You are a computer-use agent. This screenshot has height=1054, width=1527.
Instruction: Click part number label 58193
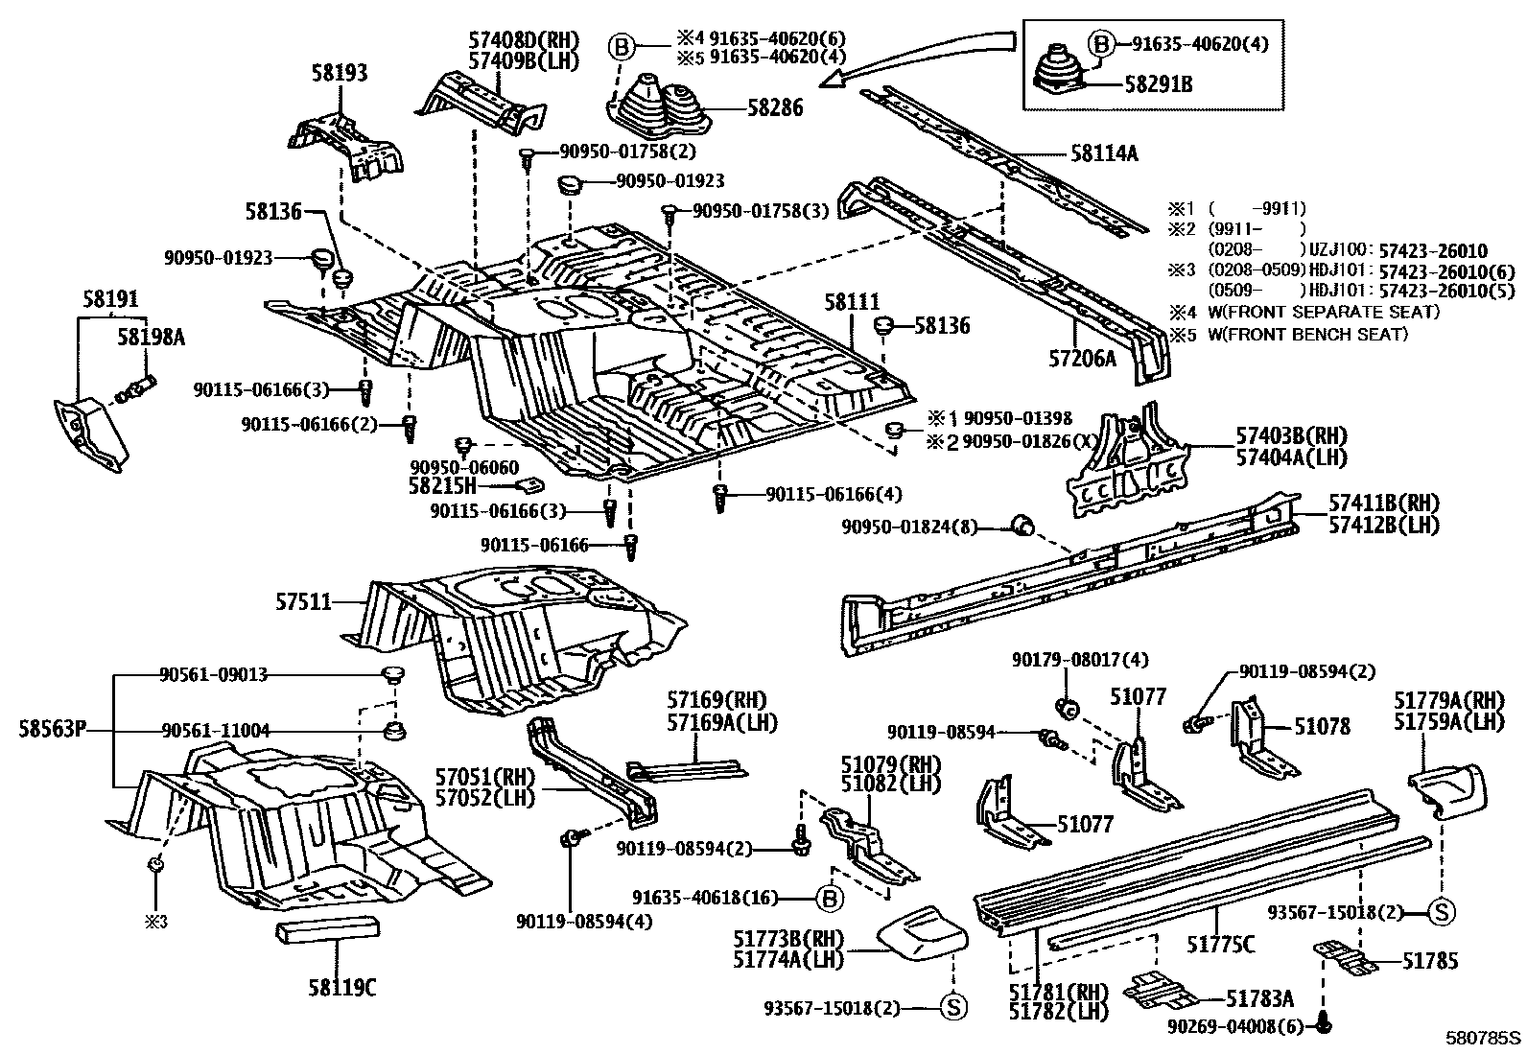pyautogui.click(x=340, y=72)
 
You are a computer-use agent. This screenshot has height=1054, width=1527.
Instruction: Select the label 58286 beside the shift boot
pyautogui.click(x=775, y=107)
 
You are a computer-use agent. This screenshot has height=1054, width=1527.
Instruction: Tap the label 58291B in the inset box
pyautogui.click(x=1159, y=84)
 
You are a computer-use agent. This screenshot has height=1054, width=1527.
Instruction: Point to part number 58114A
pyautogui.click(x=1104, y=153)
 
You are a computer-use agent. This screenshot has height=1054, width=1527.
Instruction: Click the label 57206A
pyautogui.click(x=1083, y=358)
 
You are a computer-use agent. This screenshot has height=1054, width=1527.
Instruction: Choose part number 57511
pyautogui.click(x=303, y=602)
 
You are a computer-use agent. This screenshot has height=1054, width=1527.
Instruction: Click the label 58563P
pyautogui.click(x=53, y=729)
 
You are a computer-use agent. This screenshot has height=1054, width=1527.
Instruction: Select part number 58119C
pyautogui.click(x=342, y=987)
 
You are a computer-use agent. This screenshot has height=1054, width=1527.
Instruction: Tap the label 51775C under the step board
pyautogui.click(x=1221, y=945)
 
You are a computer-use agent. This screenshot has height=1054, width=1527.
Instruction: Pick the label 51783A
pyautogui.click(x=1259, y=998)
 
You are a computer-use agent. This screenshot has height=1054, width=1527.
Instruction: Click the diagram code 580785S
pyautogui.click(x=1484, y=1038)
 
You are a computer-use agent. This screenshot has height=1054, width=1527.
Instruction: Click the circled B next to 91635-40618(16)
pyautogui.click(x=830, y=899)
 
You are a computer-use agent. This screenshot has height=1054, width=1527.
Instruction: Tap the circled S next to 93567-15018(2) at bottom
pyautogui.click(x=953, y=1007)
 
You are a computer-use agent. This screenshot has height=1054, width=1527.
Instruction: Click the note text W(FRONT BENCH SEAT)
pyautogui.click(x=1308, y=334)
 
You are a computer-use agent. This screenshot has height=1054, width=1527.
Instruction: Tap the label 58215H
pyautogui.click(x=442, y=485)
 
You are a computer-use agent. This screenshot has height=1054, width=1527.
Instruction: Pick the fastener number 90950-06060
pyautogui.click(x=464, y=467)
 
